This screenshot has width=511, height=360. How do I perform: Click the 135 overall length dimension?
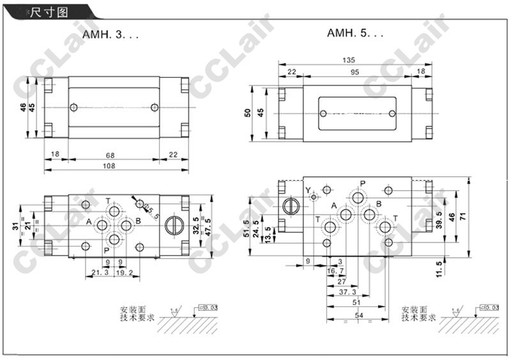pos(349,61)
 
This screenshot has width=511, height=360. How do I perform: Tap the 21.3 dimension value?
pos(98,272)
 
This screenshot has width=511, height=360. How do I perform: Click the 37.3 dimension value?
pos(347,292)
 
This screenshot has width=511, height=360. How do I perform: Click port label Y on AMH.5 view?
pos(307,190)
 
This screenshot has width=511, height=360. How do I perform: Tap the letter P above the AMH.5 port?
pos(362,184)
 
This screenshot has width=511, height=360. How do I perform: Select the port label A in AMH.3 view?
pos(89,221)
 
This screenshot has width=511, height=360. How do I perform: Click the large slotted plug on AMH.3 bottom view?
pos(172,225)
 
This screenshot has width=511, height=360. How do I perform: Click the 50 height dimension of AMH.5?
pos(247,112)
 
